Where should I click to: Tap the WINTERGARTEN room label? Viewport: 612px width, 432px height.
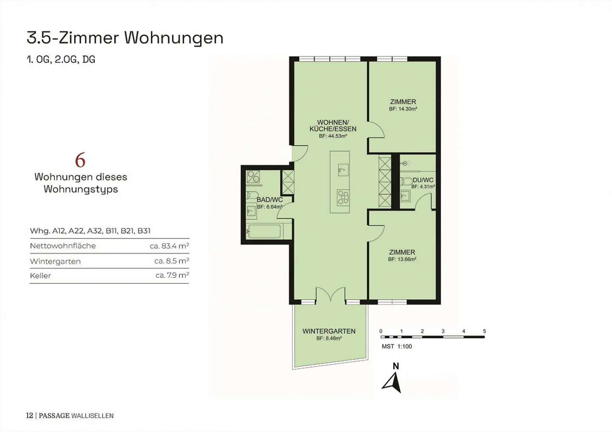[x=329, y=331]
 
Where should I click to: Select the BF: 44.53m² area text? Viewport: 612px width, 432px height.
[x=333, y=136]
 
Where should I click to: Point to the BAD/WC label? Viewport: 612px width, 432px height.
[x=269, y=199]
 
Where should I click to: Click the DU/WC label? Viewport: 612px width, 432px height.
[x=423, y=180]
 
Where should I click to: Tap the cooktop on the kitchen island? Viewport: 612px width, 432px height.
[x=343, y=198]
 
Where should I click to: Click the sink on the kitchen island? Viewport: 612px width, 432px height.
[x=343, y=170]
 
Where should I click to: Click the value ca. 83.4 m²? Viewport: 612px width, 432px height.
[x=170, y=246]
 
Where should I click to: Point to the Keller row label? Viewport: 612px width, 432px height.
[x=40, y=276]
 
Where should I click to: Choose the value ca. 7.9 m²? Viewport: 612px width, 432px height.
[x=172, y=275]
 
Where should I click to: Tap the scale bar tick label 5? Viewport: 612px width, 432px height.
[x=484, y=331]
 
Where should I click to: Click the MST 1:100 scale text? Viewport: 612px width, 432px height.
[x=397, y=346]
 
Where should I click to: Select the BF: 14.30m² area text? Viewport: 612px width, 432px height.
[x=403, y=109]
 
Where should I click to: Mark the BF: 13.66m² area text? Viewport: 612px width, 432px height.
[x=402, y=259]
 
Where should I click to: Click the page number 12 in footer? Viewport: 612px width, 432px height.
[x=29, y=415]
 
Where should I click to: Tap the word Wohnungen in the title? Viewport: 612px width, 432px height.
[x=174, y=38]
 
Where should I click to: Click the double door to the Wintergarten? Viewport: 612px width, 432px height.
[x=331, y=295]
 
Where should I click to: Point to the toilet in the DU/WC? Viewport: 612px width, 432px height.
[x=406, y=181]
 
